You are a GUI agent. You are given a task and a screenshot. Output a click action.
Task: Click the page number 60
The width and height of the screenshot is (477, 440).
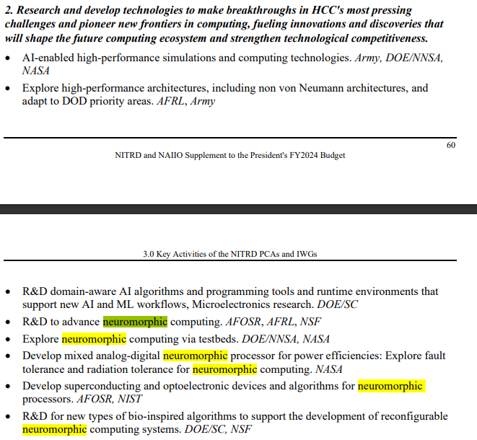pyautogui.click(x=451, y=145)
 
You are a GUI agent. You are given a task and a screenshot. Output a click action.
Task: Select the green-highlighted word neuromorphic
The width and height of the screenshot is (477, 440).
pyautogui.click(x=135, y=322)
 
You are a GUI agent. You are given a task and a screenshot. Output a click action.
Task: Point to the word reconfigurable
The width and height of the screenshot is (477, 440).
pyautogui.click(x=412, y=416)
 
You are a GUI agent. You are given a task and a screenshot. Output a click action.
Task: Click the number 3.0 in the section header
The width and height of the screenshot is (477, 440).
pyautogui.click(x=149, y=254)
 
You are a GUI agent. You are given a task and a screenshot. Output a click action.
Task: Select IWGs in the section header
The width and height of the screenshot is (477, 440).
pyautogui.click(x=305, y=254)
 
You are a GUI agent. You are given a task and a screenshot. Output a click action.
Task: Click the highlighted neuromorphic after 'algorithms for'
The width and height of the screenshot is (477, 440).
pyautogui.click(x=390, y=386)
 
